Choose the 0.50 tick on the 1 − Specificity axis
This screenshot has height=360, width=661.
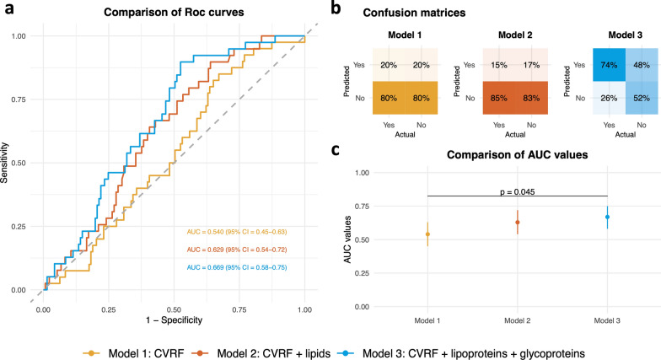click(174, 309)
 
